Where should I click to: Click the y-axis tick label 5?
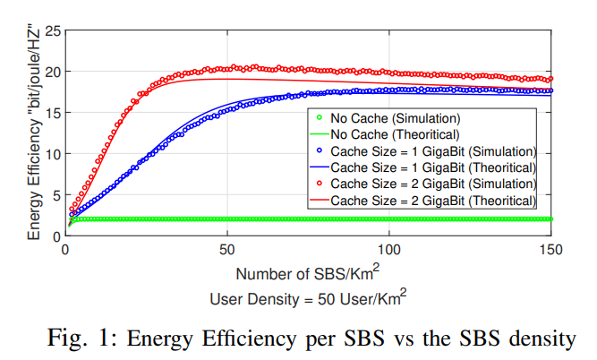click(x=55, y=194)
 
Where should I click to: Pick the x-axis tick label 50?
click(x=226, y=248)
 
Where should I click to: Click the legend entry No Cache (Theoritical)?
click(x=396, y=134)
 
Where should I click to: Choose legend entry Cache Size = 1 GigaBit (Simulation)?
click(x=433, y=150)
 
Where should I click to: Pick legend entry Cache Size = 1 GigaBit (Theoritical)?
click(x=433, y=167)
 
